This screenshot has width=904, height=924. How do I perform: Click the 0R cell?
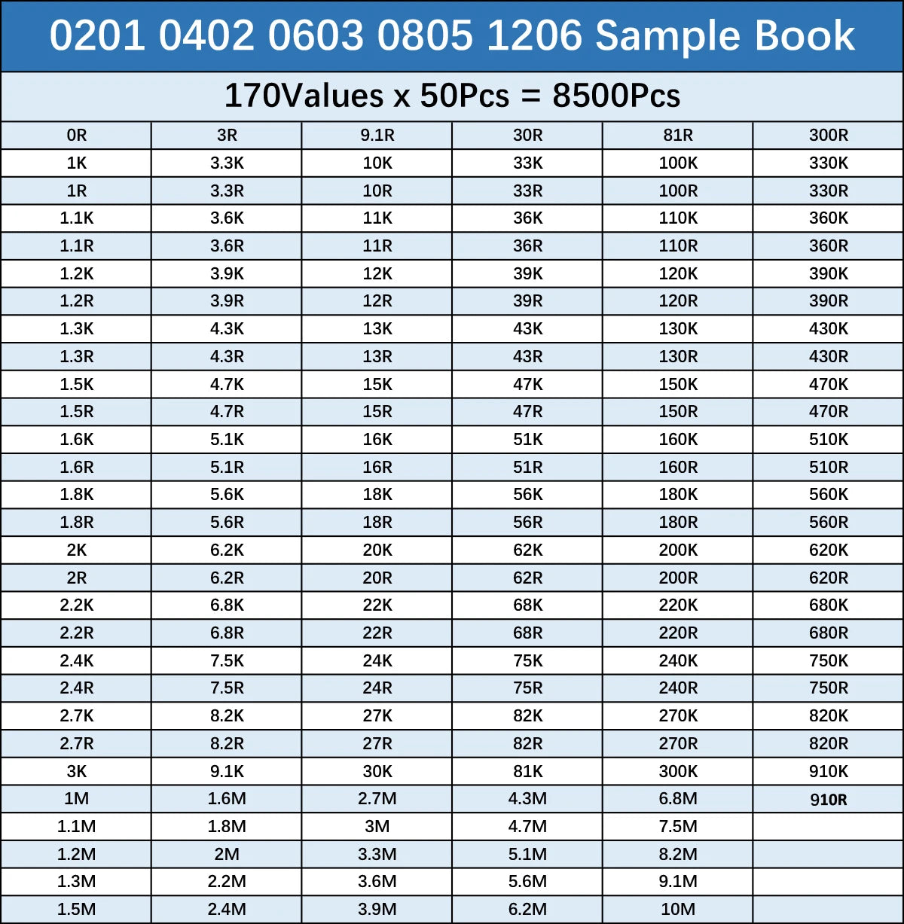pos(76,136)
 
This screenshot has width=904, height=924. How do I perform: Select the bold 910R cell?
pos(828,800)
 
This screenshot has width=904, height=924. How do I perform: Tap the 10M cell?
pos(677,910)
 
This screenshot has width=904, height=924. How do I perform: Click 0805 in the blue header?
pos(426,35)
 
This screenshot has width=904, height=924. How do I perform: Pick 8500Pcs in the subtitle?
pos(616,96)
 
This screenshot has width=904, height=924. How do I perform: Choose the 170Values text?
pos(304,96)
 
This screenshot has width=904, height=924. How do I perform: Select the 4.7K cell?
pos(227,385)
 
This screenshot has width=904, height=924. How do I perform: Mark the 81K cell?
pos(527,772)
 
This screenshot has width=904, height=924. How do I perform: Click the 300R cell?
pos(828,136)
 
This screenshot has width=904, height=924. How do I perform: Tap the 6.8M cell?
pos(677,799)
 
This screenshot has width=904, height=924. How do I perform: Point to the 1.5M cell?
pos(76,910)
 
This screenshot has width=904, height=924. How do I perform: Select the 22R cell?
pos(377,633)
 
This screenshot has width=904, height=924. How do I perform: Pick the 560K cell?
pos(828,495)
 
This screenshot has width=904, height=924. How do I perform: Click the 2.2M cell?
pos(227,882)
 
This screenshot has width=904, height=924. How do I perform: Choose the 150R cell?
pos(677,412)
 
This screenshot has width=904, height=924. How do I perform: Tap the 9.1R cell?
pos(377,136)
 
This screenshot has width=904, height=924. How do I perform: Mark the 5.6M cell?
pos(527,882)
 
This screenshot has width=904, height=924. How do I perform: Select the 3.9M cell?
pos(377,910)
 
